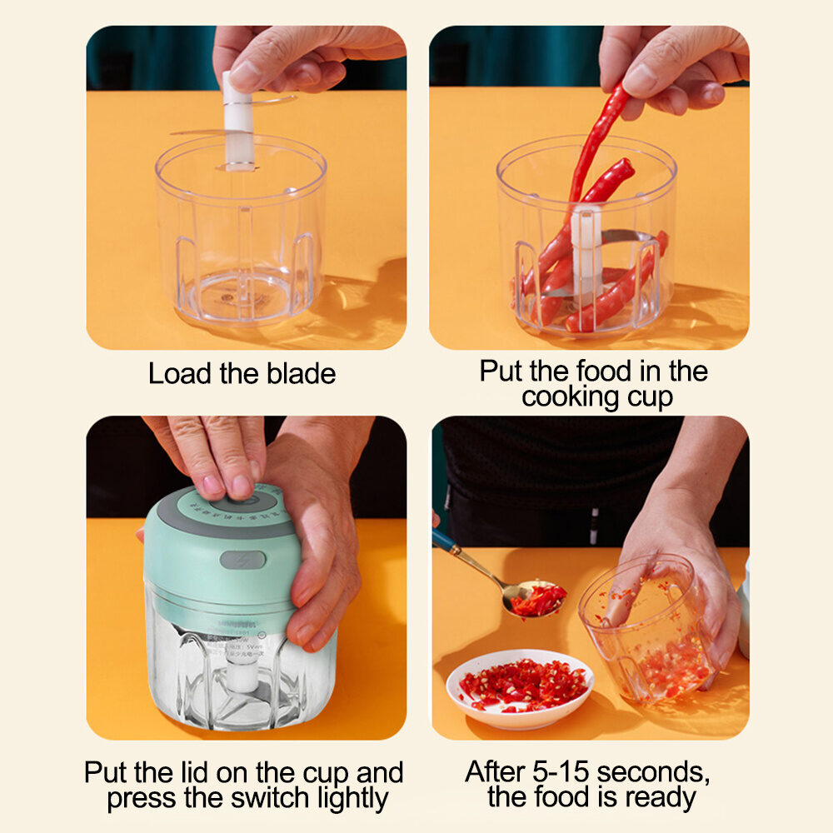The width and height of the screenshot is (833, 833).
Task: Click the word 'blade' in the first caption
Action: (299, 373)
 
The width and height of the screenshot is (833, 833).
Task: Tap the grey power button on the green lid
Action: (242, 560)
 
